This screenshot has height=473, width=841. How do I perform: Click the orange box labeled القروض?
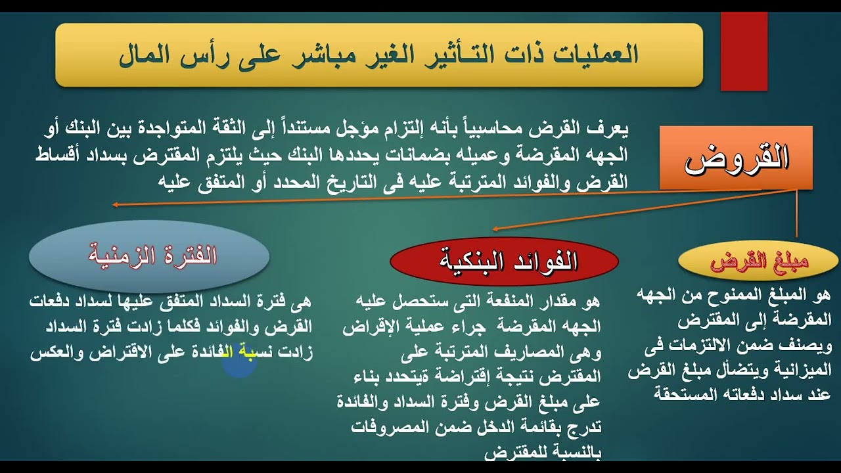pos(736,158)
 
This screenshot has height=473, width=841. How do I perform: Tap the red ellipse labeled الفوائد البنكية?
pos(504,261)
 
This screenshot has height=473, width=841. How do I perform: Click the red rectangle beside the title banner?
pos(744,51)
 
